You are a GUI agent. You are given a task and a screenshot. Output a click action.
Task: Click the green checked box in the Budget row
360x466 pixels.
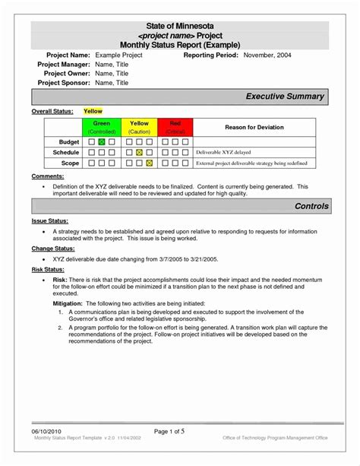101,141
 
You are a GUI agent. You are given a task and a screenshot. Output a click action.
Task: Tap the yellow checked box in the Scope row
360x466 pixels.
149,163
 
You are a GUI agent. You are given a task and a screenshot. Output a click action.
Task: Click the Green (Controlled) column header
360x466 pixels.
101,126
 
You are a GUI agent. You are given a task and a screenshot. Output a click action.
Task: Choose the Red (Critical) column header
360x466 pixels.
175,126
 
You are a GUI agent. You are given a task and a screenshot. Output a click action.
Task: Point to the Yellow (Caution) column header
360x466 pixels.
139,126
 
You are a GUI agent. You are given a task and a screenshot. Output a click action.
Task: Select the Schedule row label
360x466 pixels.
65,152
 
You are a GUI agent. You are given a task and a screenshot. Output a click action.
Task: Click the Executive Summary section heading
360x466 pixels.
285,97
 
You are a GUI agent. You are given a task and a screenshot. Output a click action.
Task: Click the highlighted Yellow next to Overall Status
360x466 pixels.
93,111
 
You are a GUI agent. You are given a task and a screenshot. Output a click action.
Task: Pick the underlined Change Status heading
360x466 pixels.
52,248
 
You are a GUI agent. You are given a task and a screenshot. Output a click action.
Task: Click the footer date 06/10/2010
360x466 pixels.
47,452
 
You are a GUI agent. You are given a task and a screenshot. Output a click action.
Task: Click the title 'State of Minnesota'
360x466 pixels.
179,26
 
